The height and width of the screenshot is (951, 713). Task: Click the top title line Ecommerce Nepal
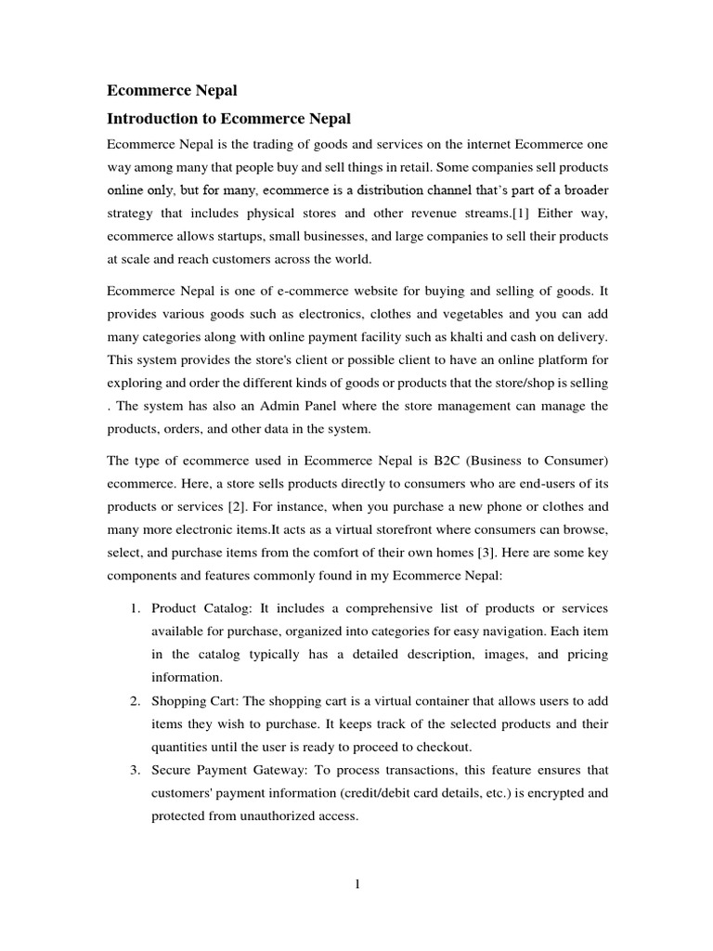173,90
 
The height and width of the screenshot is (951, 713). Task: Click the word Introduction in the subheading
154,119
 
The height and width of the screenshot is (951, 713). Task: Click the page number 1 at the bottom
357,883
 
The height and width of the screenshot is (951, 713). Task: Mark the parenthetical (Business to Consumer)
531,462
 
